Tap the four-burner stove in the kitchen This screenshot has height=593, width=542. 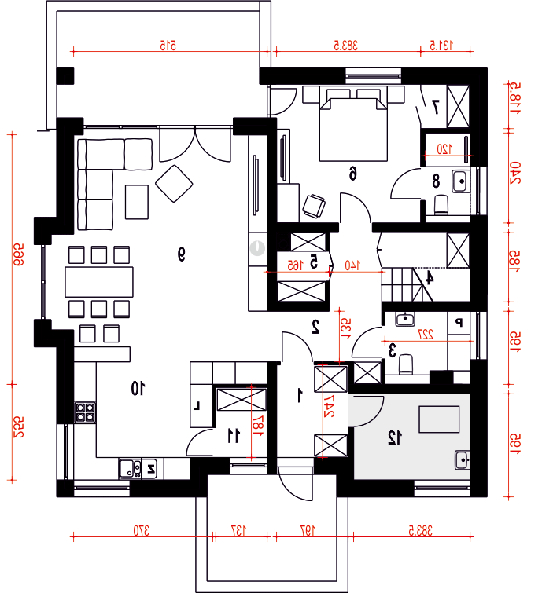[x=85, y=412]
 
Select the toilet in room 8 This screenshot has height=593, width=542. [x=441, y=204]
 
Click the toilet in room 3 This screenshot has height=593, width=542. [x=406, y=364]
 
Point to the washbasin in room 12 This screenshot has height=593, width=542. [x=462, y=460]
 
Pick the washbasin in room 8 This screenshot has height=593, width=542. [x=460, y=181]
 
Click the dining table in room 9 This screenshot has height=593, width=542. [x=99, y=282]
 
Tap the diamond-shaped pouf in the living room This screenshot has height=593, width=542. [x=174, y=184]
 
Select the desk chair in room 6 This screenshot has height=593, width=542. [x=314, y=206]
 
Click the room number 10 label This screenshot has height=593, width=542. [x=138, y=388]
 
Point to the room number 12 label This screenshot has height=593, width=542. [x=395, y=437]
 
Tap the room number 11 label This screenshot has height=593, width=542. [x=234, y=435]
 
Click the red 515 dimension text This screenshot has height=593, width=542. [x=168, y=46]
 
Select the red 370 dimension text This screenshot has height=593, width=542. [x=141, y=531]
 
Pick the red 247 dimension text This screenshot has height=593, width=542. [x=329, y=406]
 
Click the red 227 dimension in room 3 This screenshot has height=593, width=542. [x=425, y=335]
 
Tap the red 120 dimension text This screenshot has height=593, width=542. [x=444, y=149]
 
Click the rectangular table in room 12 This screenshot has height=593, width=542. [x=439, y=419]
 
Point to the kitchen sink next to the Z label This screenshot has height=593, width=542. [x=131, y=469]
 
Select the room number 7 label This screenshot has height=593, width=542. [x=435, y=107]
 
